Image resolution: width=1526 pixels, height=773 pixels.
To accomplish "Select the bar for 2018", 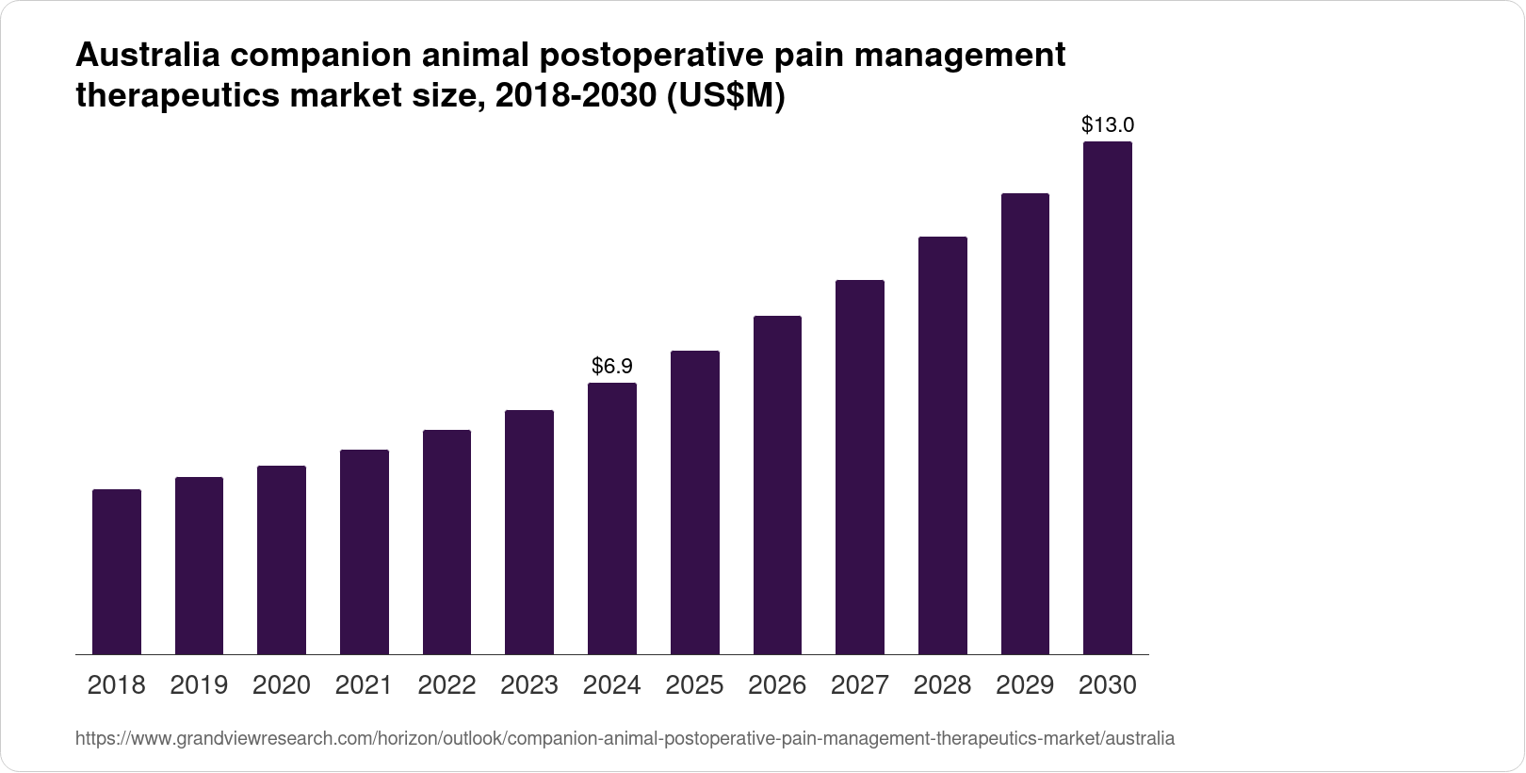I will point(117,571).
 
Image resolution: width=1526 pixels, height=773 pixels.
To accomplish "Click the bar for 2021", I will point(365,551).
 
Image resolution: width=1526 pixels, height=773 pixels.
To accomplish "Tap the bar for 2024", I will point(612,518).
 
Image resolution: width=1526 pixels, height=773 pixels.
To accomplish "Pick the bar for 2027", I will point(860,467).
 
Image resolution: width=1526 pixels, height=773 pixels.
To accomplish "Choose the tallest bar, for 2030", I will point(1108,398).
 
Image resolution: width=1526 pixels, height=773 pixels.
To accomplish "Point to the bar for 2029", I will point(1025,423).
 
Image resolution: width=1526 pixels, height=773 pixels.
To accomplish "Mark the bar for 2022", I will point(446,542).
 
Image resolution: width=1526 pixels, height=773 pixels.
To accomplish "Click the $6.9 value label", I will point(612,366).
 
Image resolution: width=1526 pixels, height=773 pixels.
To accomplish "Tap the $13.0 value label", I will point(1108,124).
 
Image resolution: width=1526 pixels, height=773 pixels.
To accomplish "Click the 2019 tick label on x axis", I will point(199,685).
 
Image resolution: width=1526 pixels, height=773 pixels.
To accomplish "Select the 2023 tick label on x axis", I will point(529,685).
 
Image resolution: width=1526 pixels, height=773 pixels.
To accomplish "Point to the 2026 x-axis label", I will point(777,685).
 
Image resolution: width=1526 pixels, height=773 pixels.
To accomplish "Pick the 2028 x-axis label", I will point(942,685).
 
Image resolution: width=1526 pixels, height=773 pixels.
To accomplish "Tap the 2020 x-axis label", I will point(282,685).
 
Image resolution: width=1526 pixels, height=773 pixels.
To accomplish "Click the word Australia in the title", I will point(148,56).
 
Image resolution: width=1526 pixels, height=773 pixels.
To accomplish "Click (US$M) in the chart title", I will point(725,97).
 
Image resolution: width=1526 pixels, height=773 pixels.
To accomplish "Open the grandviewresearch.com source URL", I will point(625,738).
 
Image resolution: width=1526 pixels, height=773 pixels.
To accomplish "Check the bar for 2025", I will point(695,502).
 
